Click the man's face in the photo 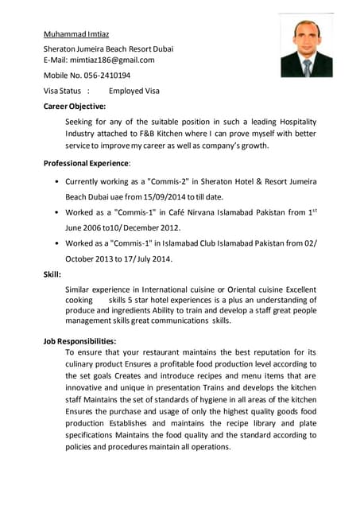tap(306, 36)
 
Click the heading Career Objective tap(74, 106)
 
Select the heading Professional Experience tap(85, 163)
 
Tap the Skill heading tap(52, 274)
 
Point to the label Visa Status tap(62, 91)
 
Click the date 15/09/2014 tap(165, 196)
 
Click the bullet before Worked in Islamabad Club tap(56, 243)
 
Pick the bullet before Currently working tap(56, 181)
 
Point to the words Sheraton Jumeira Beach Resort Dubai tap(108, 49)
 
